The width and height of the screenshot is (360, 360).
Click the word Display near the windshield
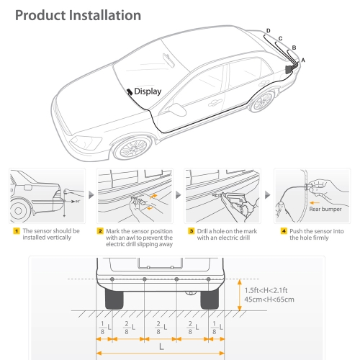point(148,91)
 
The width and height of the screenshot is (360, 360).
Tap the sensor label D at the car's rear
point(269,31)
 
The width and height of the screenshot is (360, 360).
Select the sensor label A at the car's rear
point(303,60)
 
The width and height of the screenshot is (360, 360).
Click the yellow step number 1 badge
point(17,231)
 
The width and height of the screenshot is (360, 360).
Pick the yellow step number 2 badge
point(100,231)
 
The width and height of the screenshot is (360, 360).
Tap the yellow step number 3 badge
point(191,231)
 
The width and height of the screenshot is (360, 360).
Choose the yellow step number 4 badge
point(284,231)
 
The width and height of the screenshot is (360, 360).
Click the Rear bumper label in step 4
point(325,209)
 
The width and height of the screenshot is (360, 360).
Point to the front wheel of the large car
point(132,148)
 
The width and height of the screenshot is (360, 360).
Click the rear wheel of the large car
point(263,102)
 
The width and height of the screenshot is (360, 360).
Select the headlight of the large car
point(86,143)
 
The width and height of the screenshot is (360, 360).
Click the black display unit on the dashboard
point(130,91)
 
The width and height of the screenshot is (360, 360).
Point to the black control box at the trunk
point(288,69)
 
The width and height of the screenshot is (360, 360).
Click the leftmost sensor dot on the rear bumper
point(112,279)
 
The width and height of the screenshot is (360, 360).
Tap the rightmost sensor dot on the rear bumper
point(208,279)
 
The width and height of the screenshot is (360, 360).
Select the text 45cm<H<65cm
point(269,300)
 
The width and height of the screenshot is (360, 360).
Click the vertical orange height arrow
point(239,295)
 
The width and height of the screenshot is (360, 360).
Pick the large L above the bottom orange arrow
point(161,346)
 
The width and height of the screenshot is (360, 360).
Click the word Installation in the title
point(105,15)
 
